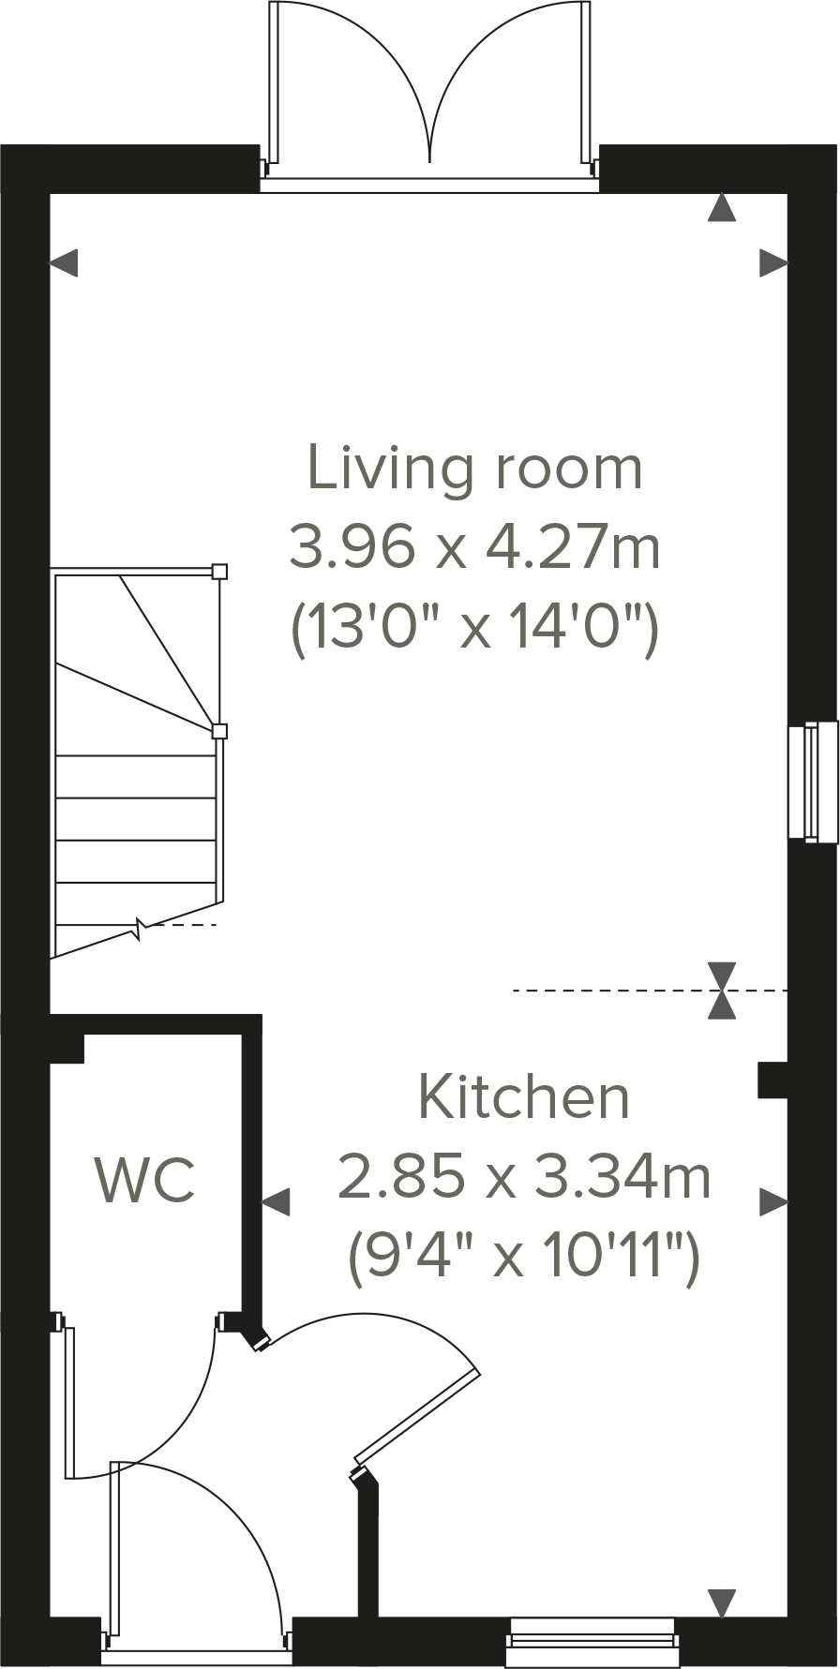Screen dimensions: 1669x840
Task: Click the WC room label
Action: [145, 1181]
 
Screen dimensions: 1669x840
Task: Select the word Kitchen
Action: [523, 1096]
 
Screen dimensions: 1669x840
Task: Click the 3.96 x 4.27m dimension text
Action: [474, 547]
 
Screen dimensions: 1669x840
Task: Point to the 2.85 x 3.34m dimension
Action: [523, 1177]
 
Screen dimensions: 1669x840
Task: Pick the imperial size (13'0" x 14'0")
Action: [476, 628]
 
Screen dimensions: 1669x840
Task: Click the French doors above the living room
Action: [429, 89]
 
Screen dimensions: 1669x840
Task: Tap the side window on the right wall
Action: [812, 781]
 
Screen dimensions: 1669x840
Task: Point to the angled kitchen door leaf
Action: [418, 1415]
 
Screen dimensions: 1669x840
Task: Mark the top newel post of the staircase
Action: [219, 571]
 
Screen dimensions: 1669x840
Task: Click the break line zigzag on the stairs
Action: [140, 930]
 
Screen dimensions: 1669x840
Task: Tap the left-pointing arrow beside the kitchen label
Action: [276, 1201]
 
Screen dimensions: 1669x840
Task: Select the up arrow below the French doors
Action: [721, 208]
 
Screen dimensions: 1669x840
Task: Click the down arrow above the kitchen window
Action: [721, 1602]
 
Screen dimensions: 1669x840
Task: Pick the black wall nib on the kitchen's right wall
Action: [772, 1079]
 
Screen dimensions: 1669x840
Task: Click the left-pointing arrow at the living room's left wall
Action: [64, 263]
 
